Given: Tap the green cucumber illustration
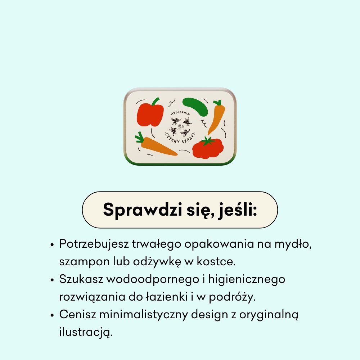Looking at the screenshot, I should [x=195, y=106].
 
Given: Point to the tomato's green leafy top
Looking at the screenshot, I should [x=207, y=141].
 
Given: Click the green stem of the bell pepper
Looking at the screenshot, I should [x=155, y=101].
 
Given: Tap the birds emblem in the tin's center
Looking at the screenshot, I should [x=180, y=126].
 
